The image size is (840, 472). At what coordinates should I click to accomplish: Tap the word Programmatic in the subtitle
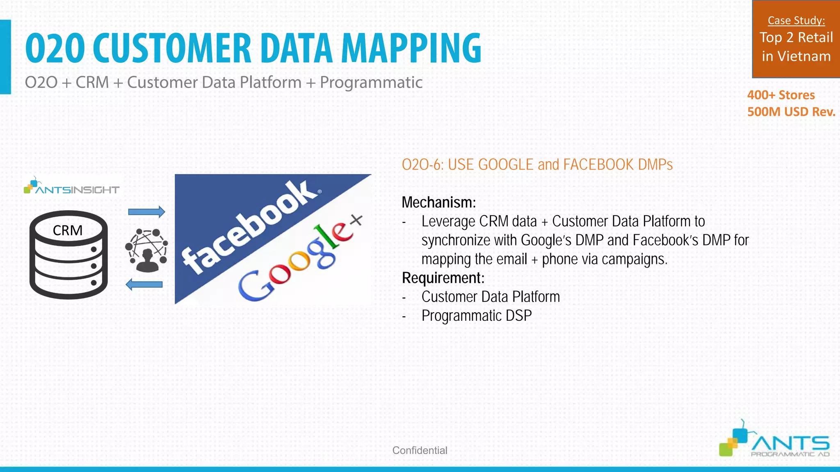(371, 82)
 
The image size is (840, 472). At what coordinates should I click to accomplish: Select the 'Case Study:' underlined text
(796, 20)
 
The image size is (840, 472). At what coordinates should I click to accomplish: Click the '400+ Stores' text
(781, 95)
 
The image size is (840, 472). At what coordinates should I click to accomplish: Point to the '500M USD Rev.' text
(791, 112)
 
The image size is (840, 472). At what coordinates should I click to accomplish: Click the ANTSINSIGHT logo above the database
(72, 187)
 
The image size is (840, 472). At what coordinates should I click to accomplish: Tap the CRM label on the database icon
(68, 230)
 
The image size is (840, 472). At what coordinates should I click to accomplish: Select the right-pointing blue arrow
(146, 212)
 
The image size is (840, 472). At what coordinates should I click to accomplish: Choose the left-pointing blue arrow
(144, 284)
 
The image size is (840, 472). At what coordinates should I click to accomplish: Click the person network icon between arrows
(146, 250)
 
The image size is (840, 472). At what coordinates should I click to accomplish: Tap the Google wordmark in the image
(293, 262)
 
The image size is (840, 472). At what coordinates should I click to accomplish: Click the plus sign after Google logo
(356, 220)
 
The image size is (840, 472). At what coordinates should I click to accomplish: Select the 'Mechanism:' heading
(438, 202)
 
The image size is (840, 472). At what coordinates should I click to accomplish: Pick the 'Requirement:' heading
(443, 278)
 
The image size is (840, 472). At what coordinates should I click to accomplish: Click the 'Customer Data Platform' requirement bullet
(491, 297)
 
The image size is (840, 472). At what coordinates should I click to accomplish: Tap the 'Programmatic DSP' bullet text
(477, 315)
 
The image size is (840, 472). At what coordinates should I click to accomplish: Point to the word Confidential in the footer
(420, 450)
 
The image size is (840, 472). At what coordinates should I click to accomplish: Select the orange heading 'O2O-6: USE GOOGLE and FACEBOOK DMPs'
(537, 165)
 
